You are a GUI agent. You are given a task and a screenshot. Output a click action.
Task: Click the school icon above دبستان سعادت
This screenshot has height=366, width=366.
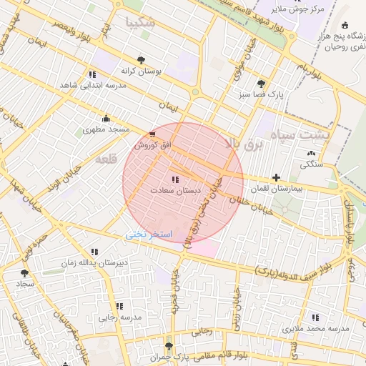pos(176,179)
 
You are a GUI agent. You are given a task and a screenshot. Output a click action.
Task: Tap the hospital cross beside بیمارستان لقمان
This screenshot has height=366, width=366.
pos(276,177)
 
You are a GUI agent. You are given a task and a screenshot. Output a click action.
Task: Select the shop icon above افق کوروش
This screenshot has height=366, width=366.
pos(152,134)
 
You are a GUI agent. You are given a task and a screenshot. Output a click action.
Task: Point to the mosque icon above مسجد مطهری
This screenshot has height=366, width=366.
pos(106,118)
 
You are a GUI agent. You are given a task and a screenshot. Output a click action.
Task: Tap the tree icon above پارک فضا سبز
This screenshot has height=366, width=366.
pos(260,83)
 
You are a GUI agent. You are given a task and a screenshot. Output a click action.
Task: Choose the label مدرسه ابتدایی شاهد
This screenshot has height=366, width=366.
pos(93,85)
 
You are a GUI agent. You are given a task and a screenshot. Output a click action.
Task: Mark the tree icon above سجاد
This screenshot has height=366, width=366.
pos(25,272)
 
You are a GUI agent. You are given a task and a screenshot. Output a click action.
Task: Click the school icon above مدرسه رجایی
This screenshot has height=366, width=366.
pos(119,306)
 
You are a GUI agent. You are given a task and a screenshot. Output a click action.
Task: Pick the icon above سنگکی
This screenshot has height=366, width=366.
pos(310,153)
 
